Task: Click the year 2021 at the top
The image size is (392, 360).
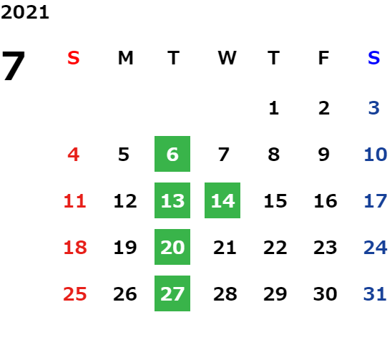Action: coord(25,12)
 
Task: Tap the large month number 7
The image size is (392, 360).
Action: coord(14,66)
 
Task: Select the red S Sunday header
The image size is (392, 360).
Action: coord(74,58)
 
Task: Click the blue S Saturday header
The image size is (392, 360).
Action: coord(373,58)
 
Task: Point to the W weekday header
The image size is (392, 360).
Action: coord(227,58)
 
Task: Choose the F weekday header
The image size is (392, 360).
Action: coord(324,58)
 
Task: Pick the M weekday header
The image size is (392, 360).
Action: coord(125,58)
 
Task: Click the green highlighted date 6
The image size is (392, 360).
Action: coord(172,154)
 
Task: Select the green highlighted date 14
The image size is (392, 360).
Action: coord(222,200)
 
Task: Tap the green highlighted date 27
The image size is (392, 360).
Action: coord(172,293)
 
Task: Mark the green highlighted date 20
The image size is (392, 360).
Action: coord(172,247)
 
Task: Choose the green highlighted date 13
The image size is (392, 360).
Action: coord(172,200)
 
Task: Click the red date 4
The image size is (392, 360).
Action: coord(74,154)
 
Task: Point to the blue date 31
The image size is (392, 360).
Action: coord(375,293)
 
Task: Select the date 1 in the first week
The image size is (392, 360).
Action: coord(274,108)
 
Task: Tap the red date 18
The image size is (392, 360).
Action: coord(75,247)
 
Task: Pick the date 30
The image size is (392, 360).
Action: coord(325,293)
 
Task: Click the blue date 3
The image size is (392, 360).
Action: coord(373,108)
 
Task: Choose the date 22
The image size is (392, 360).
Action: coord(275,247)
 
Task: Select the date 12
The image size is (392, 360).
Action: coord(125,200)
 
